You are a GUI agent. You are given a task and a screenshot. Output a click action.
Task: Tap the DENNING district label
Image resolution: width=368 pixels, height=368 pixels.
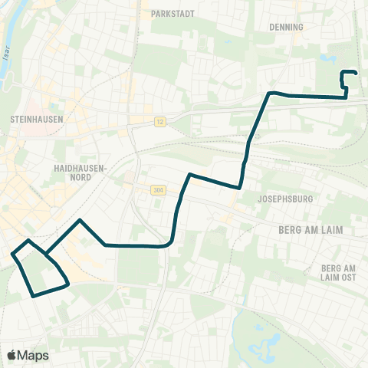pos(287,26)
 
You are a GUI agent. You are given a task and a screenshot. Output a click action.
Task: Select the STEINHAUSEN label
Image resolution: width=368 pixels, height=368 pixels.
pos(37,120)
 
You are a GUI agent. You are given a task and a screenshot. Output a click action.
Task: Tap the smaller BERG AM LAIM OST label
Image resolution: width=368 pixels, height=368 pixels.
pos(340,272)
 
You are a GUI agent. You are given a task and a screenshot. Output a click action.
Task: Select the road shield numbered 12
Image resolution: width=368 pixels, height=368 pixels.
pos(159,121)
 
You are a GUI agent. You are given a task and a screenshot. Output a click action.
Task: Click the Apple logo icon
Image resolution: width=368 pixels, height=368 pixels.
pos(11,355)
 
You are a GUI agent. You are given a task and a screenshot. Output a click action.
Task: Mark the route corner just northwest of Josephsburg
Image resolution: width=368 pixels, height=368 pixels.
pos(240,187)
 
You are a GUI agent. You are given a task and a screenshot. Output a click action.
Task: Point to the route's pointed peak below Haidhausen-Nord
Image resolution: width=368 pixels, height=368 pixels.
pos(80,220)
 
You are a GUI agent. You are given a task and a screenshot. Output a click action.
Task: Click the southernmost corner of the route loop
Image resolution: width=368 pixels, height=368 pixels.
pos(32,295)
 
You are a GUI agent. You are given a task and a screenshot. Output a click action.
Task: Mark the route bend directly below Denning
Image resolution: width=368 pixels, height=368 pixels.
pos(271,94)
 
